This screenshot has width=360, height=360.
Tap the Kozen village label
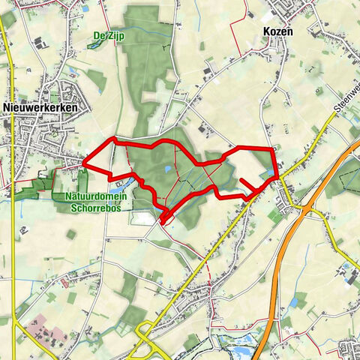pos(278,32)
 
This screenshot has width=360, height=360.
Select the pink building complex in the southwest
pos(46,332)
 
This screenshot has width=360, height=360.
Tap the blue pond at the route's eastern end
pos(268,173)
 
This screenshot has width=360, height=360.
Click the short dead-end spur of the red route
pos(247,184)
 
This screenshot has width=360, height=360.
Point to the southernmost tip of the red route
pos(163,221)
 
